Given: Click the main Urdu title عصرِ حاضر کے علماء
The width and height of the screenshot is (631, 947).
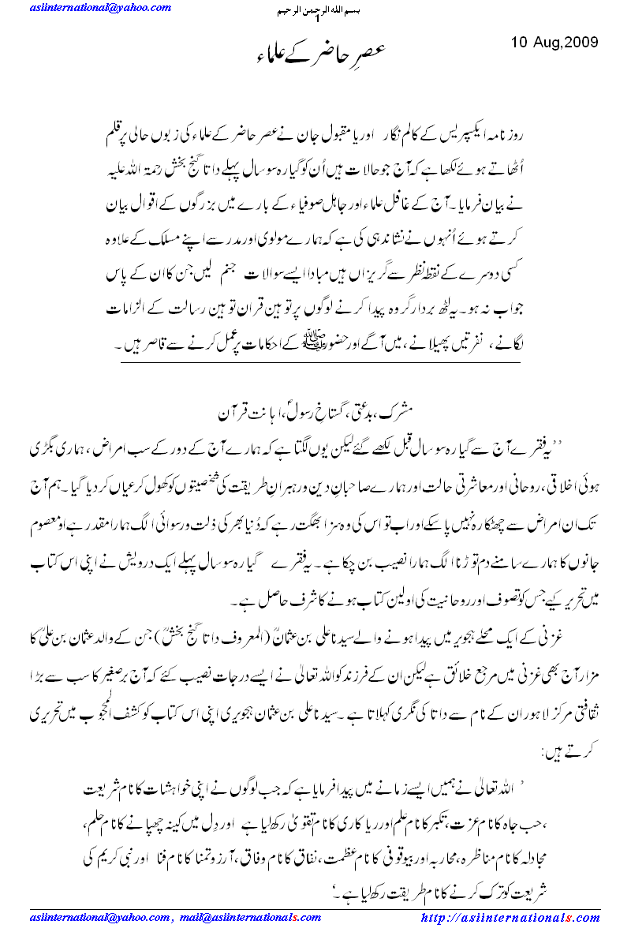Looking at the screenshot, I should [315, 53].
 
